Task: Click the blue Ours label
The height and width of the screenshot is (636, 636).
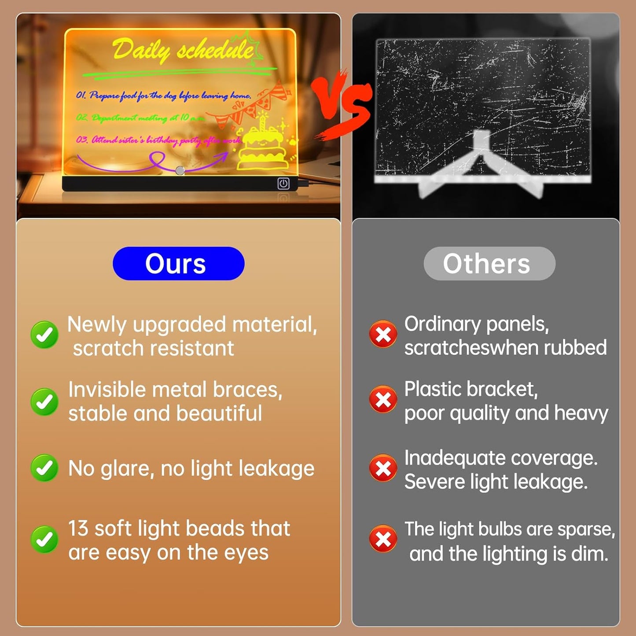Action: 178,264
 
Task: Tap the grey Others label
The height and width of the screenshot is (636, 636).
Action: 489,264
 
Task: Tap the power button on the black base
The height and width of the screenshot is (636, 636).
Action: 283,184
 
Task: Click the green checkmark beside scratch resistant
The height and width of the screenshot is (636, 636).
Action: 44,335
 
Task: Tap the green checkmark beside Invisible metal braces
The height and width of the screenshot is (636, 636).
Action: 44,401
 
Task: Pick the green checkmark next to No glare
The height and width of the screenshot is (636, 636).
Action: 44,468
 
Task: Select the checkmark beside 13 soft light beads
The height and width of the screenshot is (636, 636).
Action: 44,539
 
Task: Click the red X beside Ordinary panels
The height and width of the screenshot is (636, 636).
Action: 383,334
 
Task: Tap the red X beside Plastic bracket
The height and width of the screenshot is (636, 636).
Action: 383,399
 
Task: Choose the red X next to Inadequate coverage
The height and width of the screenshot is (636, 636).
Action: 383,468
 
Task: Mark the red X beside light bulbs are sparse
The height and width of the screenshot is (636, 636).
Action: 383,539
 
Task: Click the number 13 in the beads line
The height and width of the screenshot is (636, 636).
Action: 78,529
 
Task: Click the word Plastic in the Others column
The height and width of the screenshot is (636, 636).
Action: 433,390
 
